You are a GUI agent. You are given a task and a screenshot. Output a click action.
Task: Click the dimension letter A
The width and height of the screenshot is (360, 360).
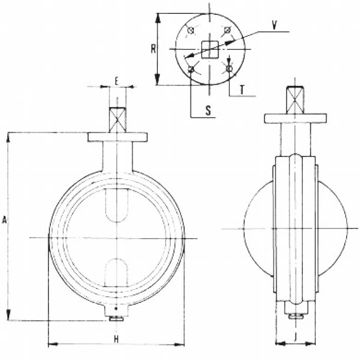tap(5, 220)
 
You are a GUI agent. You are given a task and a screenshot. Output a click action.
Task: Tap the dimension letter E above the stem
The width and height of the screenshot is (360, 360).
tap(117, 81)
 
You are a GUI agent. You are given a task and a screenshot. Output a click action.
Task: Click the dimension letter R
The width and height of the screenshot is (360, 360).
tap(153, 49)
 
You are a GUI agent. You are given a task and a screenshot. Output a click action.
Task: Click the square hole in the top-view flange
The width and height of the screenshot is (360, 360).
tap(210, 49)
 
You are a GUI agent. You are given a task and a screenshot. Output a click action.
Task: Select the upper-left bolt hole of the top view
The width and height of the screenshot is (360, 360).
tap(191, 30)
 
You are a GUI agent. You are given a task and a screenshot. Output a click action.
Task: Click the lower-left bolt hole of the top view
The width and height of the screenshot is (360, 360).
tap(191, 68)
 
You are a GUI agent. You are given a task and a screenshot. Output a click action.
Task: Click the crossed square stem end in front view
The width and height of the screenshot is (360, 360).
tap(117, 119)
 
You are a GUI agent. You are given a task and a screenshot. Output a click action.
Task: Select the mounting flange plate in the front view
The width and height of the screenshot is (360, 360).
tap(117, 137)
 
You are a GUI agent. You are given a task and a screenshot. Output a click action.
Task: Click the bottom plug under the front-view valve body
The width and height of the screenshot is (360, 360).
tap(117, 318)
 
